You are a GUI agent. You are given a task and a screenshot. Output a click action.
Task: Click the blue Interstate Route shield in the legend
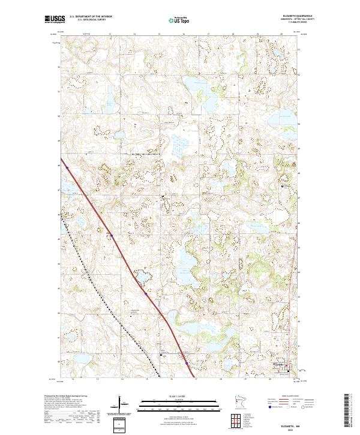pos(265,406)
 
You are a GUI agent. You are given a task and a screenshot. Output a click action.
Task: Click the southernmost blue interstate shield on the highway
pos(187,363)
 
